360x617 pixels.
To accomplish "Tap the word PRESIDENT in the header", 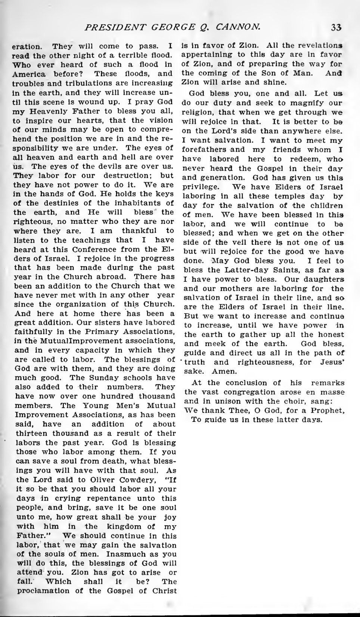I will pyautogui.click(x=113, y=27).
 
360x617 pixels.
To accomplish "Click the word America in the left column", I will pyautogui.click(x=28, y=74).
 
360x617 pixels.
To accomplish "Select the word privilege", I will pyautogui.click(x=199, y=187).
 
